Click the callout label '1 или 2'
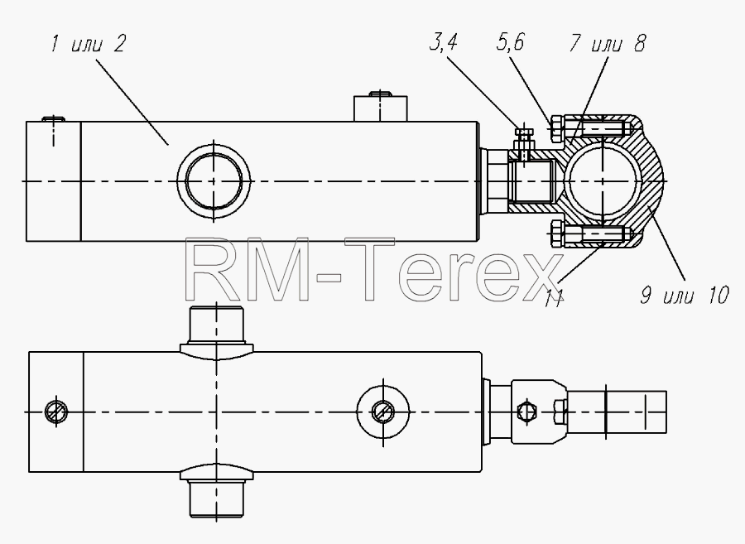88,44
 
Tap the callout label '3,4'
443,42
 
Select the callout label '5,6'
510,42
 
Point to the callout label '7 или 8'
608,43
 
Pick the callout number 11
554,298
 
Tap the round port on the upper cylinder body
214,181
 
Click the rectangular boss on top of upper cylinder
380,108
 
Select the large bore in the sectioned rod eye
602,181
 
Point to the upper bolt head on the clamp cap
556,128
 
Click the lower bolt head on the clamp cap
556,234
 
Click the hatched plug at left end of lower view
56,411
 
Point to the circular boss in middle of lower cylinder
383,412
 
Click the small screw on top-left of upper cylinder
53,118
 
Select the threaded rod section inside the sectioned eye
532,181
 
